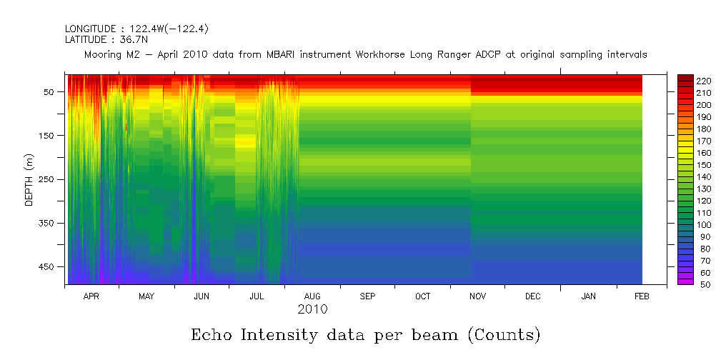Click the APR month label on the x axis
(x=91, y=296)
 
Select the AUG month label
(x=312, y=296)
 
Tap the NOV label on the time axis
(x=477, y=296)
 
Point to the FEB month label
(x=642, y=296)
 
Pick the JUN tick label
(x=202, y=296)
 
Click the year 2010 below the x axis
(x=312, y=309)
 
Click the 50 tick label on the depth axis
(x=51, y=92)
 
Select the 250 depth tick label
(x=48, y=179)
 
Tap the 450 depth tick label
(x=48, y=266)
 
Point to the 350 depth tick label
(x=48, y=223)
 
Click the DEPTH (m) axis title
(x=29, y=179)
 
